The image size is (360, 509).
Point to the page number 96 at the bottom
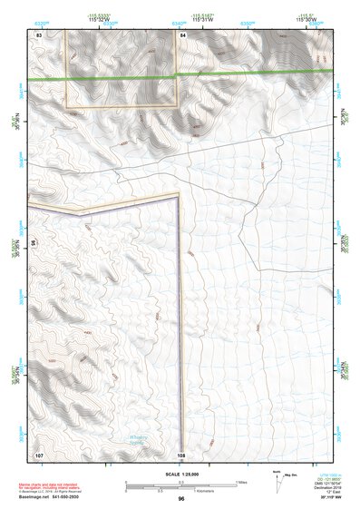point(181,499)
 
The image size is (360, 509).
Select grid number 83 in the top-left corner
point(39,34)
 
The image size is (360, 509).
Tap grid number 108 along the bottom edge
point(181,454)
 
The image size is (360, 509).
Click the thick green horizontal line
point(181,76)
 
